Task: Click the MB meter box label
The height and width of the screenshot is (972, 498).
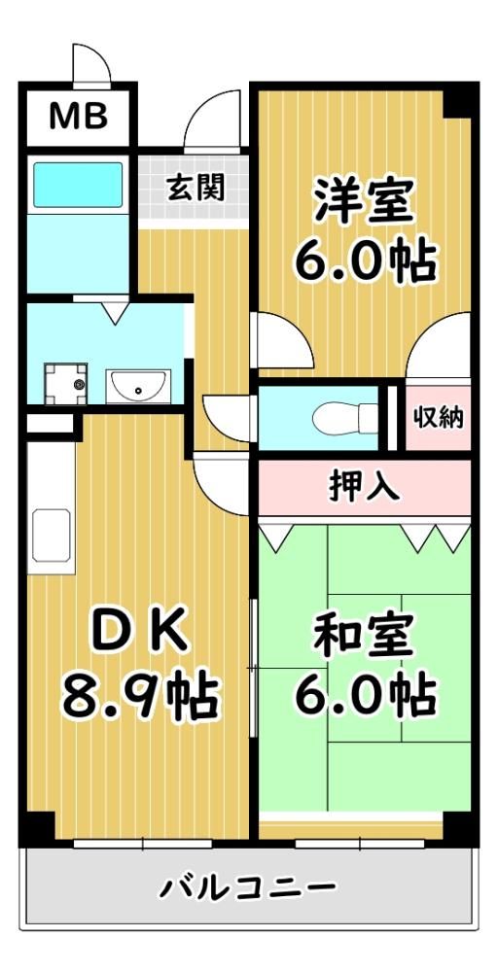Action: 79,117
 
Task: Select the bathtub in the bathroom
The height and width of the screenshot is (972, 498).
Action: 78,185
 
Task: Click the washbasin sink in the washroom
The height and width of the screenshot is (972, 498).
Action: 138,386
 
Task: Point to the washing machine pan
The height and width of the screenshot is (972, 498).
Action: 65,384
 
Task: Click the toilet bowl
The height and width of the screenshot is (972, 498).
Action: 345,419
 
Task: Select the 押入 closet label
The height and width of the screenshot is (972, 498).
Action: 364,487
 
